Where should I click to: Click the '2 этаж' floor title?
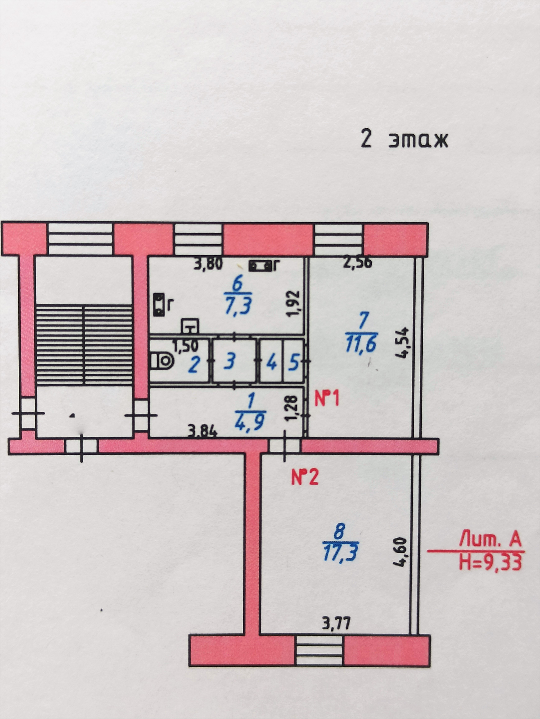coord(404,140)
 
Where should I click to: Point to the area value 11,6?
coord(361,344)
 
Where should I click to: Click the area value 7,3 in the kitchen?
coord(238,307)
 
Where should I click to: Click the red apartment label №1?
coord(327,399)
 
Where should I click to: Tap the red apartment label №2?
coord(305,478)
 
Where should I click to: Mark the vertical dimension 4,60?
coord(400,552)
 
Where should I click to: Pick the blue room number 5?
coord(294,363)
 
